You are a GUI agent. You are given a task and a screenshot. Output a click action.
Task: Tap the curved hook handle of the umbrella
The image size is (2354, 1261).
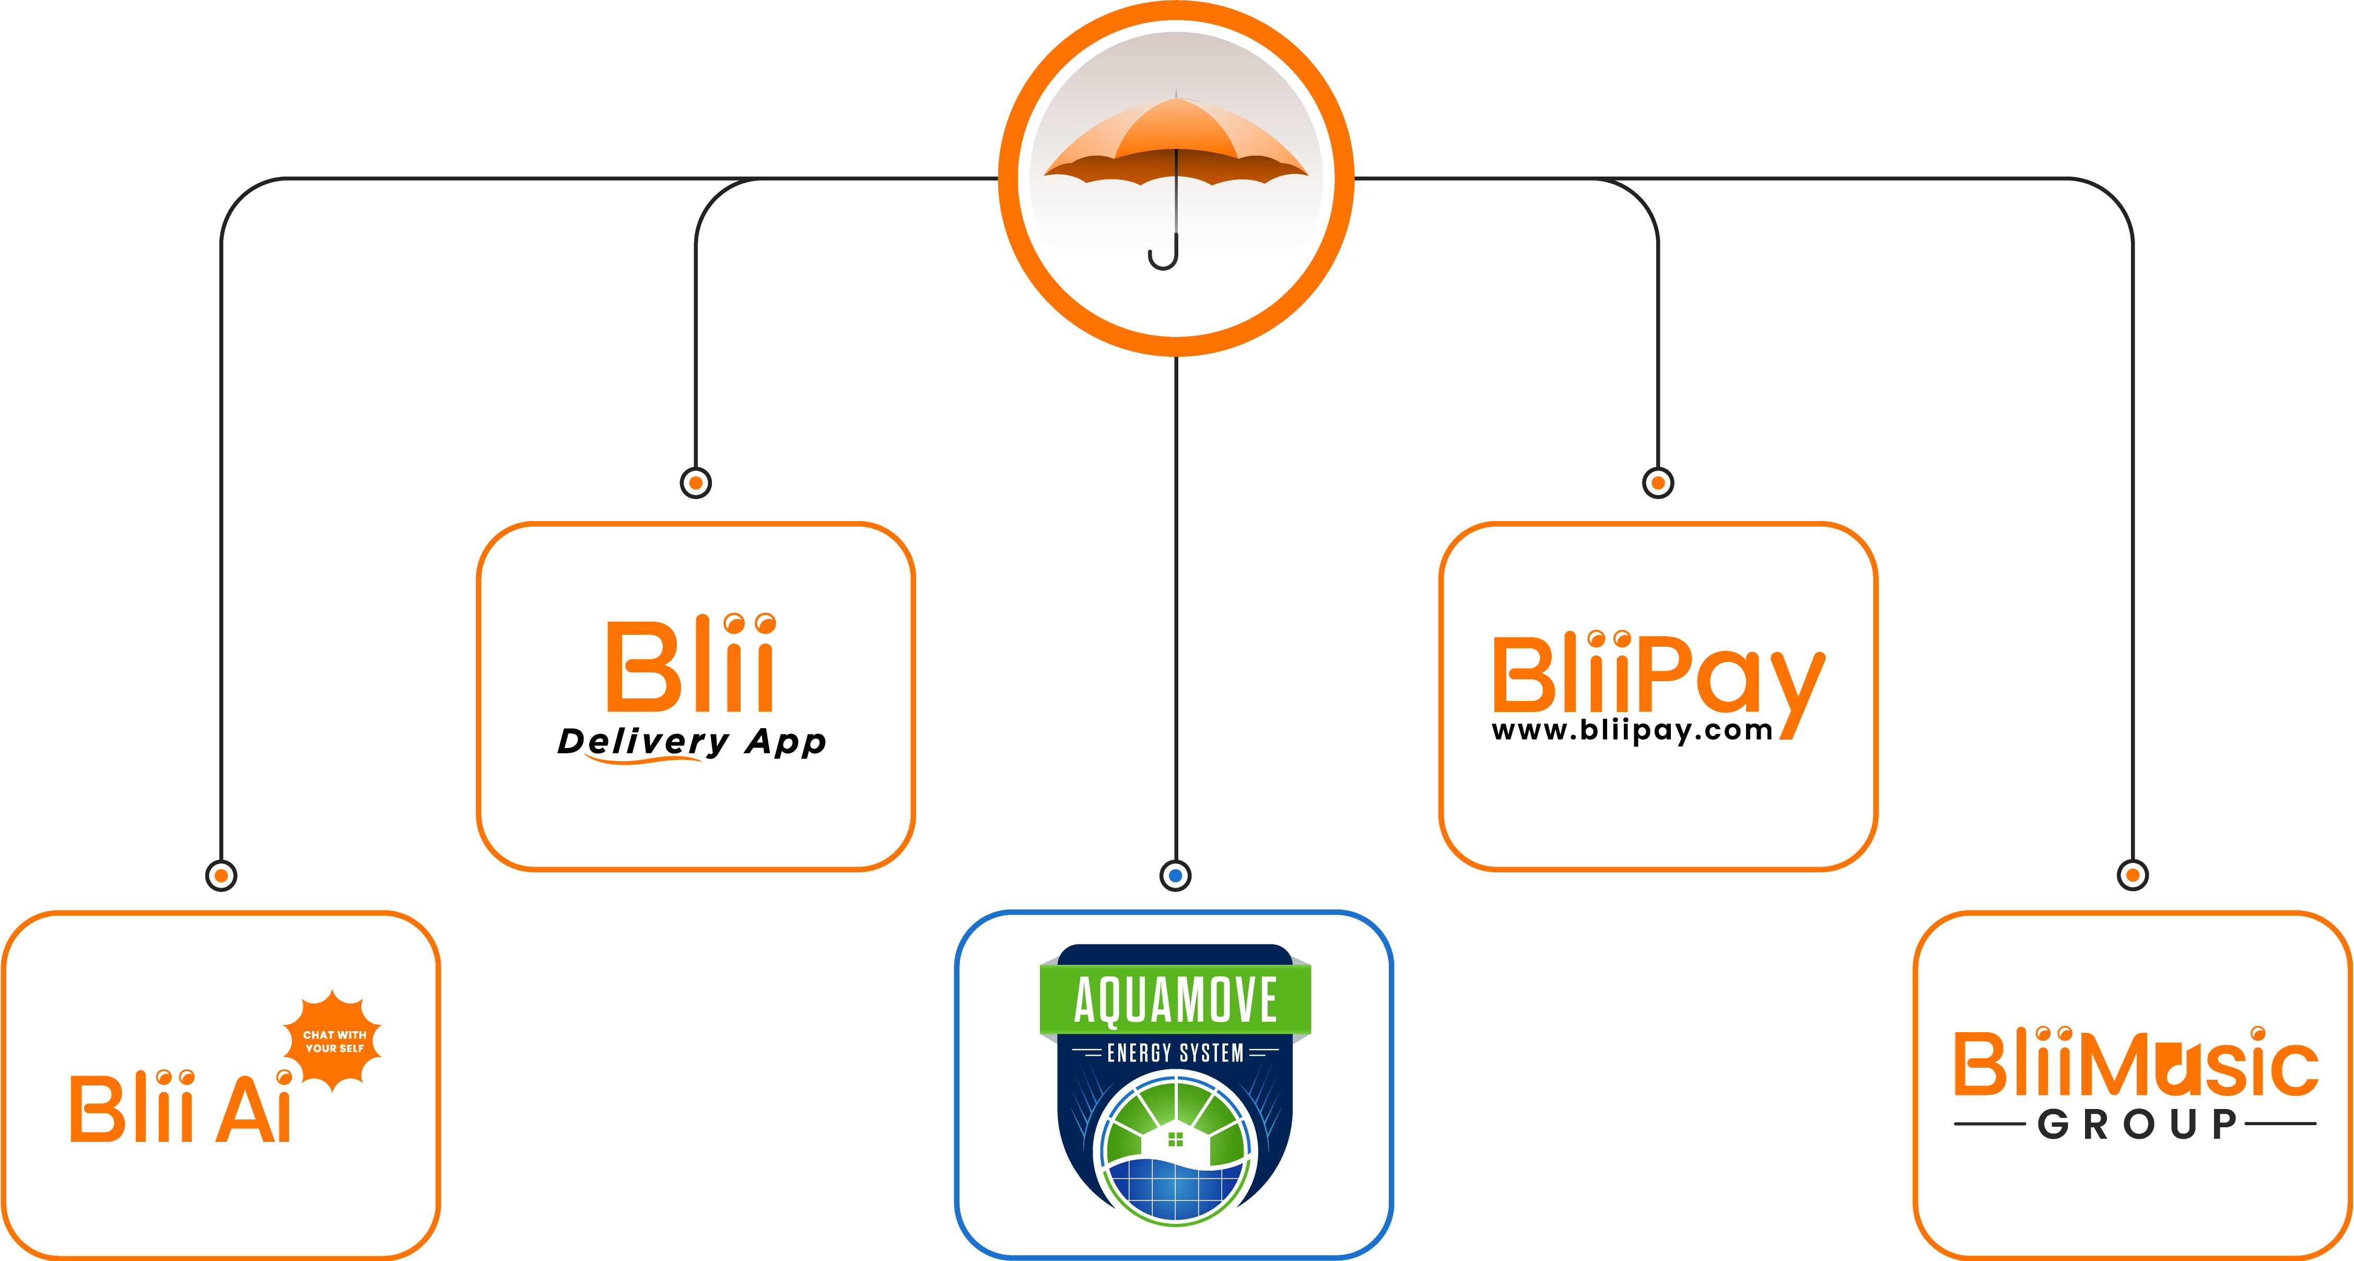(x=1163, y=256)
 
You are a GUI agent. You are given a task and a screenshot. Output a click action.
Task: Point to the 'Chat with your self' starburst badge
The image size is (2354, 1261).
(x=334, y=1041)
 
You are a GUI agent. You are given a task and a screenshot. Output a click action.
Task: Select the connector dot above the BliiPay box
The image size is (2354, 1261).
(x=1658, y=483)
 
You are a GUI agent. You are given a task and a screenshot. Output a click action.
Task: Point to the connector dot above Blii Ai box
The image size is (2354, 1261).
(x=221, y=875)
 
